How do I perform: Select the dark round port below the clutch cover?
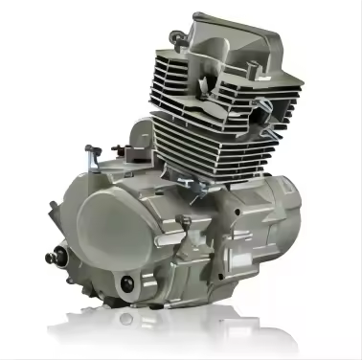pyautogui.click(x=128, y=283)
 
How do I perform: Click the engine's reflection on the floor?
pyautogui.click(x=182, y=330)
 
